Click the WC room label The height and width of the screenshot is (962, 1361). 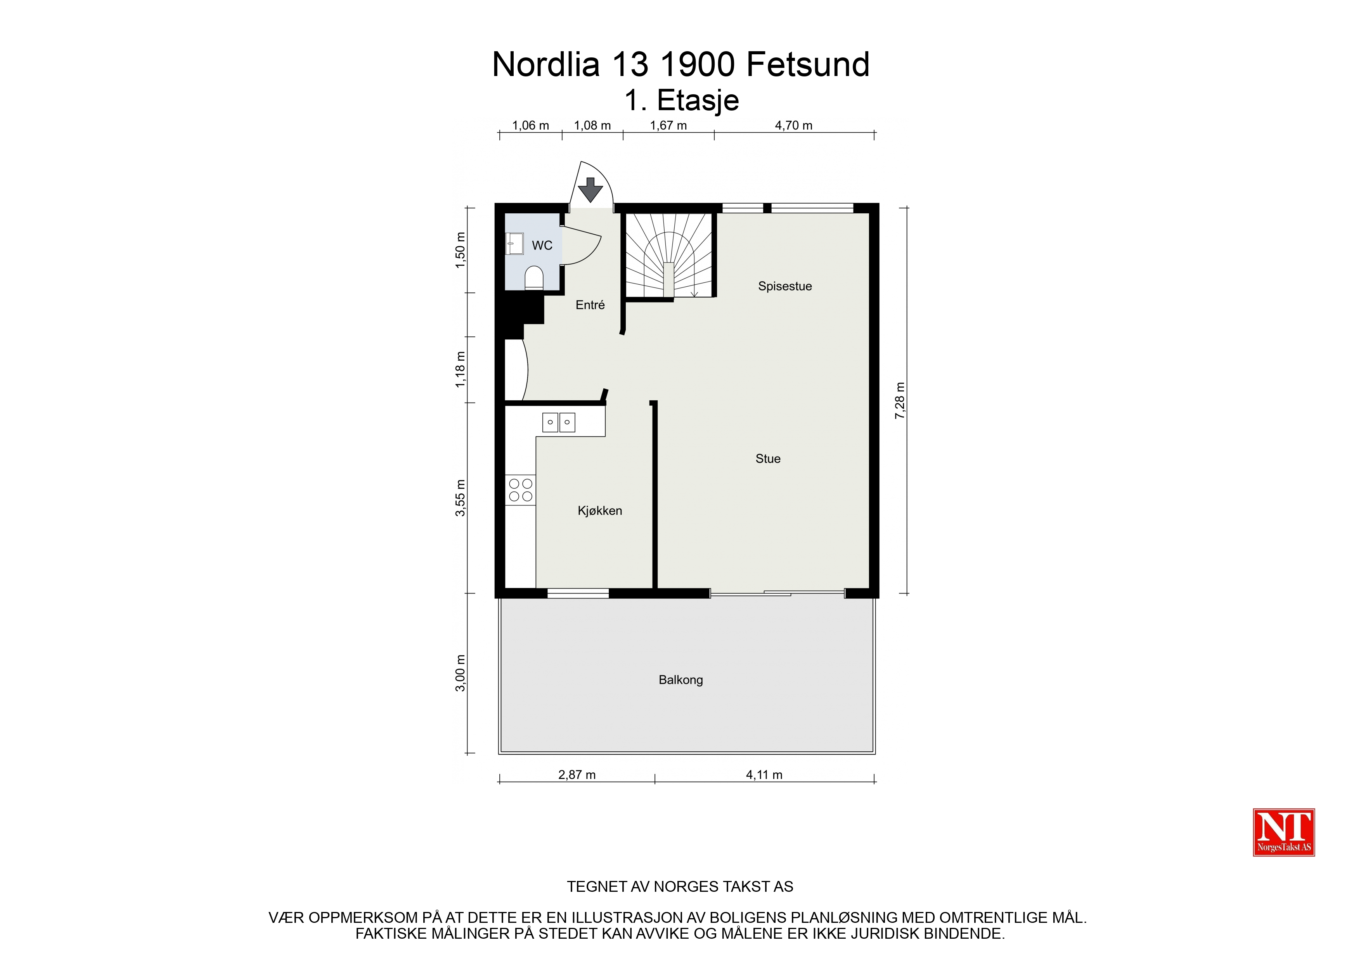click(542, 246)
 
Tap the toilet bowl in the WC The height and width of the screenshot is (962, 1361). click(534, 277)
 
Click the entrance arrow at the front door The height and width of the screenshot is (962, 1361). click(590, 190)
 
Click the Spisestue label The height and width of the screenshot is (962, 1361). click(785, 286)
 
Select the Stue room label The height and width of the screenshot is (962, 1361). click(768, 459)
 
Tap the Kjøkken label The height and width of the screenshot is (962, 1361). click(600, 511)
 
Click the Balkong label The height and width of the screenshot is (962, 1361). click(680, 680)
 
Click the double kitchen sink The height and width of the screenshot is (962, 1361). click(558, 422)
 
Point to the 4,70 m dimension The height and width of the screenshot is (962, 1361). click(794, 126)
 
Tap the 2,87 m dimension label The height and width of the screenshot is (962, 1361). click(577, 775)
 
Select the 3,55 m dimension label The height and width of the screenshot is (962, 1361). click(460, 498)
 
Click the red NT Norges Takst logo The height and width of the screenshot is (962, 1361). click(1284, 832)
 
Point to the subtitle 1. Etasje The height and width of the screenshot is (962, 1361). click(682, 101)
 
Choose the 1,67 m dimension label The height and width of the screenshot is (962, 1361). click(668, 126)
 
